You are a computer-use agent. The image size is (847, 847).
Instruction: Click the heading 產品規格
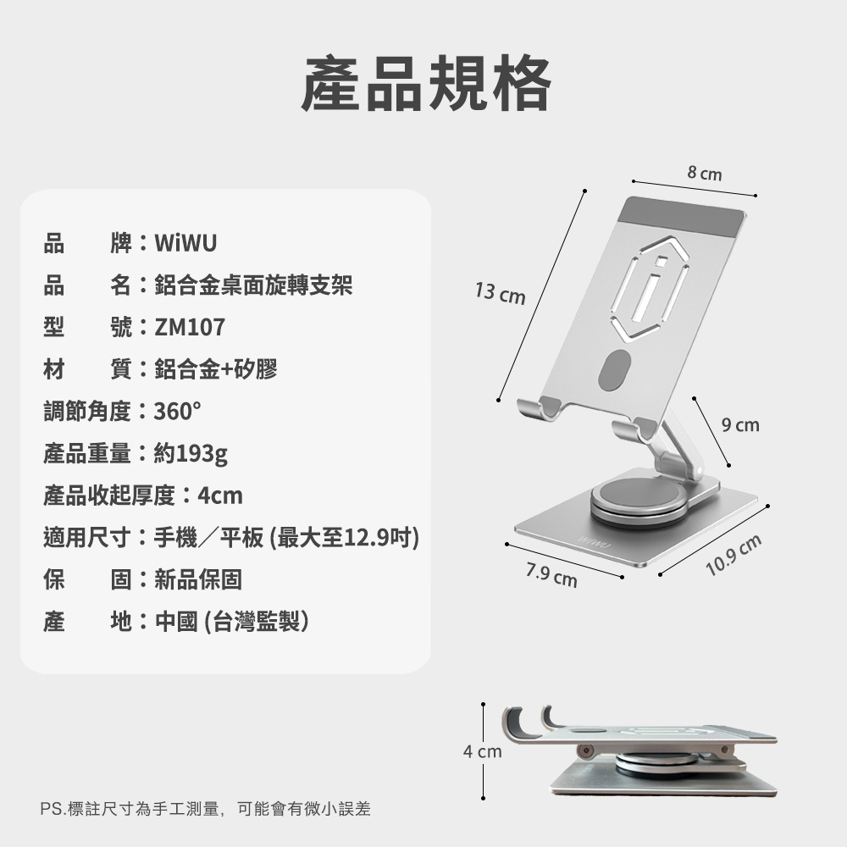click(426, 83)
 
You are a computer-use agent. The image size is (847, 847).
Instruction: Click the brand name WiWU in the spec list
click(185, 243)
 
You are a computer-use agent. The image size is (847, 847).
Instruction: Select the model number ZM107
click(190, 327)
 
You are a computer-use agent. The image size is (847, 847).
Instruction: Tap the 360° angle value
click(178, 412)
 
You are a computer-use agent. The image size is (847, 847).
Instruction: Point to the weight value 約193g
click(191, 454)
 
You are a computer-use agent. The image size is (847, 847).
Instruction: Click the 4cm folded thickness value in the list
click(220, 495)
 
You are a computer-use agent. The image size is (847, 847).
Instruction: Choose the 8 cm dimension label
click(705, 173)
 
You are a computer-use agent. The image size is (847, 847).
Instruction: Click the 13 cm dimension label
click(501, 293)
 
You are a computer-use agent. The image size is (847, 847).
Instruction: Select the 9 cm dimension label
click(740, 425)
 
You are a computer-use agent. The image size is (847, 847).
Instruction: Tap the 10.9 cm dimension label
click(734, 555)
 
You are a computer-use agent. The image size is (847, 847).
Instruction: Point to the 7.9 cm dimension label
click(551, 575)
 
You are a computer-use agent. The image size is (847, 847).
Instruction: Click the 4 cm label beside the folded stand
click(483, 751)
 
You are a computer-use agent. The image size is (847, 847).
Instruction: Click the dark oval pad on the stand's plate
click(615, 371)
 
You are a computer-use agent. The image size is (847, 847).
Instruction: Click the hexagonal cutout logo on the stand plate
click(650, 289)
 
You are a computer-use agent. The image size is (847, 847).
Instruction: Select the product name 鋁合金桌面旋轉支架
click(253, 285)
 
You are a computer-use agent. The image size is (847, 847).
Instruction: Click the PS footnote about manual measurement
click(205, 809)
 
